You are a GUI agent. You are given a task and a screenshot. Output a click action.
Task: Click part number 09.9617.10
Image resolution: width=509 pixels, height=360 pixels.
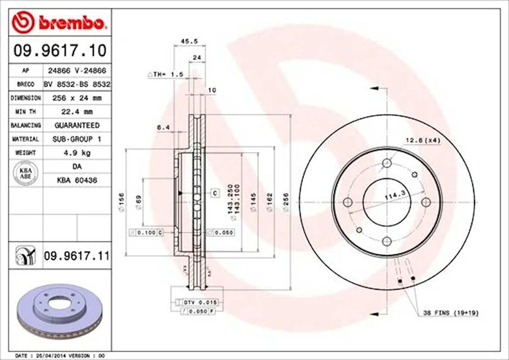(60, 51)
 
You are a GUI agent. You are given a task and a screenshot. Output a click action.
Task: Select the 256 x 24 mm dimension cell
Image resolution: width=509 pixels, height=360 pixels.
(77, 98)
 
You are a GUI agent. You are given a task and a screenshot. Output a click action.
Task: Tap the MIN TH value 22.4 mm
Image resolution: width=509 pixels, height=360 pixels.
(77, 112)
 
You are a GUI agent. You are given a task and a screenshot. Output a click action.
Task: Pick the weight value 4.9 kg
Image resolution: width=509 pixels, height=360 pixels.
(77, 153)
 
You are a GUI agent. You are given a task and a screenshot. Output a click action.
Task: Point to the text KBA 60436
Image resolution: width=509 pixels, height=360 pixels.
(77, 180)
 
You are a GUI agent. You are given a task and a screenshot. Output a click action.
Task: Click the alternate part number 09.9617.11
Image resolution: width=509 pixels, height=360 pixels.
(76, 256)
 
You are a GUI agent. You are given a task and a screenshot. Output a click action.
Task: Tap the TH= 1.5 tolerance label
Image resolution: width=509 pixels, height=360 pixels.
(166, 75)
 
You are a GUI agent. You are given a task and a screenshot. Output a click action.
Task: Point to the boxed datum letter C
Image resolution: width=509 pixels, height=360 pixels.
(215, 193)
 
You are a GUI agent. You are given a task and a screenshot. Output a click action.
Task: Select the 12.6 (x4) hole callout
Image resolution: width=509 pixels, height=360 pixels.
(422, 140)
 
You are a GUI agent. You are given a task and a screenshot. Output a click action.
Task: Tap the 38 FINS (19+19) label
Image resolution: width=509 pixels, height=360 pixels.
(451, 313)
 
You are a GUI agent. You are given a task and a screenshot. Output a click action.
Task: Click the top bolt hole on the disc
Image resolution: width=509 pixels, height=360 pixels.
(387, 163)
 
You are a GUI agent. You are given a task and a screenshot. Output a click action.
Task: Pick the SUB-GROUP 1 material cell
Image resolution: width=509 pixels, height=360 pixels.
(77, 139)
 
